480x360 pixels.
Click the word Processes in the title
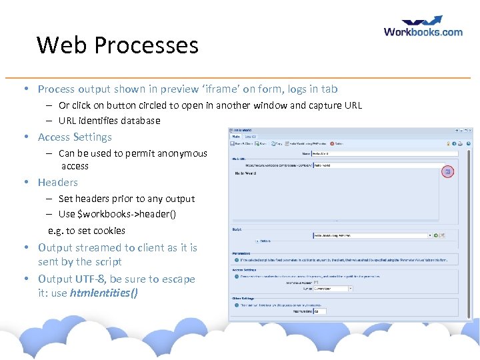pos(146,45)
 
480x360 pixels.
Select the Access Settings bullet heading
pos(75,137)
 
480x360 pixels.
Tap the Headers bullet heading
pos(58,182)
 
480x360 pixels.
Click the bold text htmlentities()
pos(103,293)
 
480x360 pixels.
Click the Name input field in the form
pos(385,154)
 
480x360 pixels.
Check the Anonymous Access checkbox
pos(316,282)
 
